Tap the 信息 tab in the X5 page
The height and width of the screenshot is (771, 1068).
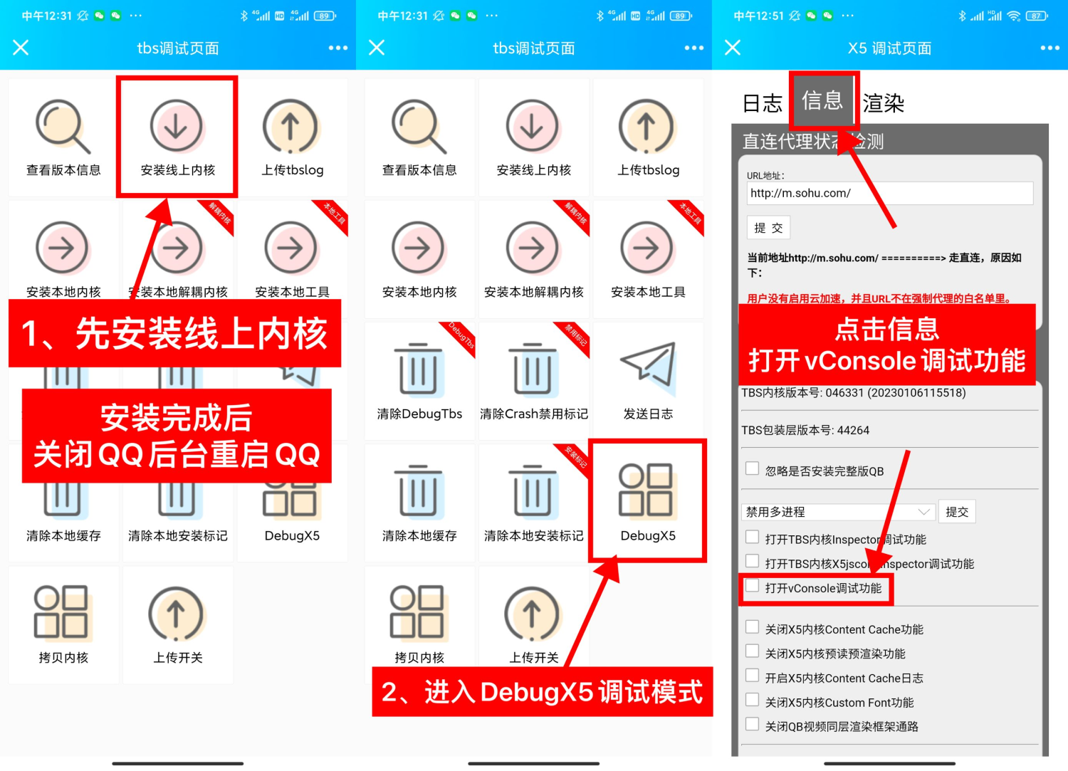click(822, 101)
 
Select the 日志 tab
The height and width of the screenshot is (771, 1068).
click(762, 104)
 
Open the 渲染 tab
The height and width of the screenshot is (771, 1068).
click(883, 104)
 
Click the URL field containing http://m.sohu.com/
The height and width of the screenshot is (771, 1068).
click(889, 193)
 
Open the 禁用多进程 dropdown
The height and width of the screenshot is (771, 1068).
click(837, 512)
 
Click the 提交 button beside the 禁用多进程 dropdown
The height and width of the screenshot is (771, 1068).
click(956, 512)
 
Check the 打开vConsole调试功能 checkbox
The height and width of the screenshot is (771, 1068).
click(752, 586)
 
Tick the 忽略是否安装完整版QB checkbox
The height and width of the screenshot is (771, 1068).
click(752, 468)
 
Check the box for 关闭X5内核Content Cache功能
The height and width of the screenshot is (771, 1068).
click(752, 627)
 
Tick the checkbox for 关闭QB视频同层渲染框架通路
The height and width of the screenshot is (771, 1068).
click(752, 724)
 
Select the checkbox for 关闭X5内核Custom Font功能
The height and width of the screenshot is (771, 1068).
click(752, 700)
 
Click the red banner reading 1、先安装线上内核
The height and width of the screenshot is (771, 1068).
click(174, 333)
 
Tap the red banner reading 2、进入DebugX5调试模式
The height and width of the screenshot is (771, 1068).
click(542, 692)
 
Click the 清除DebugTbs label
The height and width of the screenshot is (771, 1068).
click(419, 414)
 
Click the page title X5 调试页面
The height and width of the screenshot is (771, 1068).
click(889, 48)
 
